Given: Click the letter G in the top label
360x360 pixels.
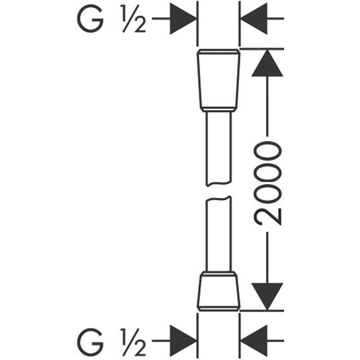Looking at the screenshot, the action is coord(90,19).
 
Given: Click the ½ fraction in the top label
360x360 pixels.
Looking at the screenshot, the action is coord(134,19).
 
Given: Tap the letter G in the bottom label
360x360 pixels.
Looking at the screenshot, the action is coord(90,343).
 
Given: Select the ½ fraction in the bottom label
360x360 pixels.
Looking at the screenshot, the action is coord(134,343).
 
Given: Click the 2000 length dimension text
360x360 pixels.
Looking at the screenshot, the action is coord(267,183).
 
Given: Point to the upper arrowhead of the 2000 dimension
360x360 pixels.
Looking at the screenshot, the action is coord(267,63).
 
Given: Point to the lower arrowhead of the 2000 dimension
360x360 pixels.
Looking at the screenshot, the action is coord(267,297).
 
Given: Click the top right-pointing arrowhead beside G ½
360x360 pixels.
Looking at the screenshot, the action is coord(183,19).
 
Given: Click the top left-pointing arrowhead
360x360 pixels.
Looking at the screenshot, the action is coord(254,19).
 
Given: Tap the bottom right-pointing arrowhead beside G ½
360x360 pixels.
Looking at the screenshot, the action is coord(183,341).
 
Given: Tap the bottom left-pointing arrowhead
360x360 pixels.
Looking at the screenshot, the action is coord(254,341).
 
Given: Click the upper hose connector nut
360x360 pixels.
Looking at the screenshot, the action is coord(219,81).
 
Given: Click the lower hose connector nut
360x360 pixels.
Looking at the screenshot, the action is coord(219,291).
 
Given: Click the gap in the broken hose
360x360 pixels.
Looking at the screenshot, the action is coord(219,191).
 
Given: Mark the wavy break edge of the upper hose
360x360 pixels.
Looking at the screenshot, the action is coord(219,184).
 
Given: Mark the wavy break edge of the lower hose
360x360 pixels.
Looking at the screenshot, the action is coord(219,198).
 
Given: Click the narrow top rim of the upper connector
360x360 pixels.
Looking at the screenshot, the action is coord(219,52).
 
